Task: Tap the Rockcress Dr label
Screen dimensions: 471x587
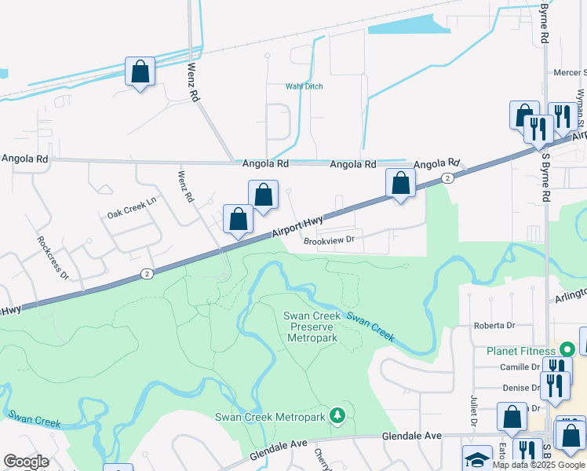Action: click(53, 257)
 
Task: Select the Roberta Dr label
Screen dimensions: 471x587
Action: click(494, 325)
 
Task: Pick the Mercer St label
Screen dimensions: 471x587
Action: click(571, 73)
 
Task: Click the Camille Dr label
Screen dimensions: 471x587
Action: click(520, 367)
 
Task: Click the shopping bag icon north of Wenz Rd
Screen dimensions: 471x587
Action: click(140, 71)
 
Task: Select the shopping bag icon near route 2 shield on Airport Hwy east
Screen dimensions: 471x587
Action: click(400, 183)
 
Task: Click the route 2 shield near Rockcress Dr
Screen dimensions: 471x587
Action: click(146, 273)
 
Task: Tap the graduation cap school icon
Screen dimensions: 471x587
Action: click(476, 459)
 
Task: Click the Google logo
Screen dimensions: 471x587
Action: click(26, 462)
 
